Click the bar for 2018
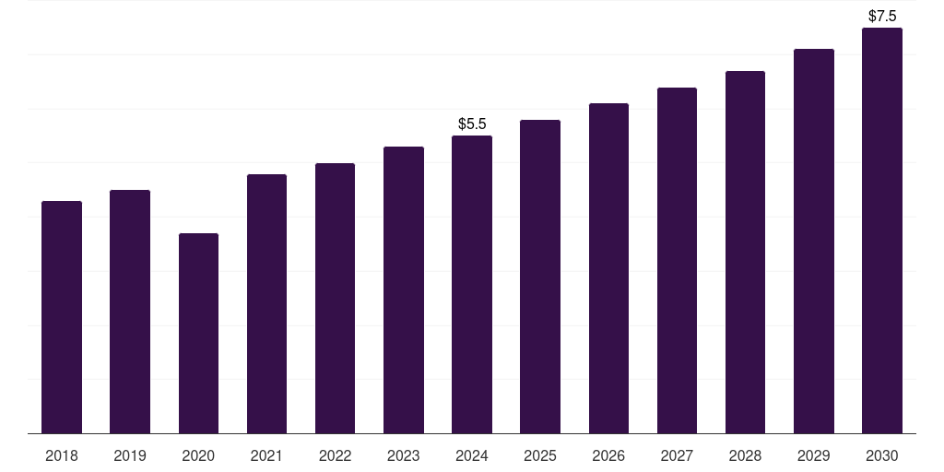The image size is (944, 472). pyautogui.click(x=62, y=317)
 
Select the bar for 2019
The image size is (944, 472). pyautogui.click(x=130, y=312)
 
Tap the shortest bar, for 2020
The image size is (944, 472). pyautogui.click(x=198, y=333)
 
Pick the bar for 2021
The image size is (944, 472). pyautogui.click(x=266, y=303)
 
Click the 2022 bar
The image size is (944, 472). pyautogui.click(x=335, y=298)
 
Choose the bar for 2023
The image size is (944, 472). pyautogui.click(x=404, y=289)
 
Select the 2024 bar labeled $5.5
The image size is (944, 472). pyautogui.click(x=472, y=284)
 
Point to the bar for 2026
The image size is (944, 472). pyautogui.click(x=608, y=268)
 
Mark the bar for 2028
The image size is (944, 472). pyautogui.click(x=745, y=252)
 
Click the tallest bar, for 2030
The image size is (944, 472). pyautogui.click(x=882, y=230)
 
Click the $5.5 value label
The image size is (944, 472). pyautogui.click(x=472, y=124)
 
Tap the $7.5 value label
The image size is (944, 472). pyautogui.click(x=882, y=16)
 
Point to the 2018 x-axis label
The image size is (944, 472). pyautogui.click(x=62, y=455)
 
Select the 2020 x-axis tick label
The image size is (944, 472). pyautogui.click(x=198, y=455)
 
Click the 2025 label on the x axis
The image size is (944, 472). pyautogui.click(x=540, y=455)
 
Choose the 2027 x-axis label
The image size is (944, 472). pyautogui.click(x=677, y=455)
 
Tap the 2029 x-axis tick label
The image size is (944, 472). pyautogui.click(x=814, y=455)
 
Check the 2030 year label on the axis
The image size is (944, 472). pyautogui.click(x=882, y=455)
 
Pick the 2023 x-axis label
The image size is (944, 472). pyautogui.click(x=404, y=455)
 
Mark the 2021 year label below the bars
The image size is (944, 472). pyautogui.click(x=266, y=455)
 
